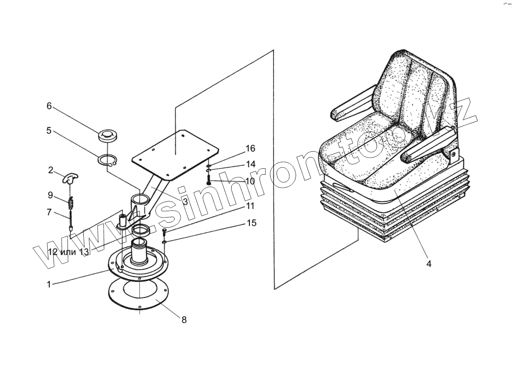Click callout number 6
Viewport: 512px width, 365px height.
click(49, 106)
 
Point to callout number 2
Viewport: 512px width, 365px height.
click(51, 170)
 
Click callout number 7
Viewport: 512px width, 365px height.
click(49, 212)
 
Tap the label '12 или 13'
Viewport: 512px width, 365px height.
click(69, 252)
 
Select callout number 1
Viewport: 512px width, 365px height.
click(49, 284)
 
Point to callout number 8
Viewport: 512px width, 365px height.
click(184, 320)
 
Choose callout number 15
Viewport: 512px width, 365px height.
click(252, 223)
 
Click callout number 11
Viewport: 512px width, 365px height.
click(250, 207)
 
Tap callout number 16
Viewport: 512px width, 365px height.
click(250, 148)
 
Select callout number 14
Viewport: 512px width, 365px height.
click(250, 164)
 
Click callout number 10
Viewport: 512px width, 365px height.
click(250, 181)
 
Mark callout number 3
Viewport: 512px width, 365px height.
click(185, 201)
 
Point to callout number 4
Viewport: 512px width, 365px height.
click(429, 264)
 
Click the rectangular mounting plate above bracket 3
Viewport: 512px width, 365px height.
click(175, 155)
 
